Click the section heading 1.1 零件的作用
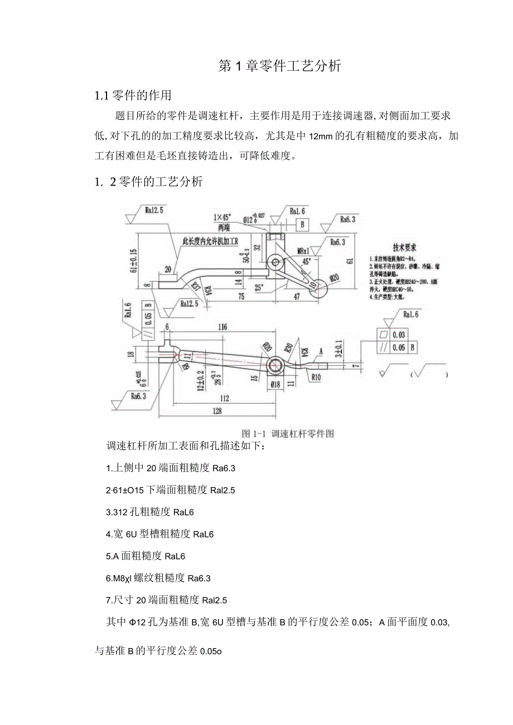pos(133,95)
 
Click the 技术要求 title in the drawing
pos(405,247)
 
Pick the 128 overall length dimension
pos(217,411)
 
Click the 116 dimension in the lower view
pos(222,328)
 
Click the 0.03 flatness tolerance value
pos(398,335)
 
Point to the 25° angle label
pos(259,287)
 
